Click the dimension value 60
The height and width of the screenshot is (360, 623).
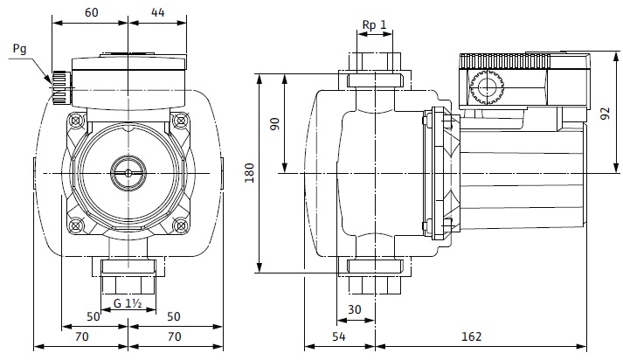click(x=92, y=13)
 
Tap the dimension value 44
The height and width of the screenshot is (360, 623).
click(x=157, y=13)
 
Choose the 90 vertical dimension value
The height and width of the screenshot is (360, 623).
click(x=274, y=124)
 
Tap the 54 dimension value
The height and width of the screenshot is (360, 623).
click(x=338, y=336)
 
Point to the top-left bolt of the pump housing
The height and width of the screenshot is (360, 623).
click(x=76, y=119)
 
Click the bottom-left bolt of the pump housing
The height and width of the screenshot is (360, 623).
click(x=76, y=225)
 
